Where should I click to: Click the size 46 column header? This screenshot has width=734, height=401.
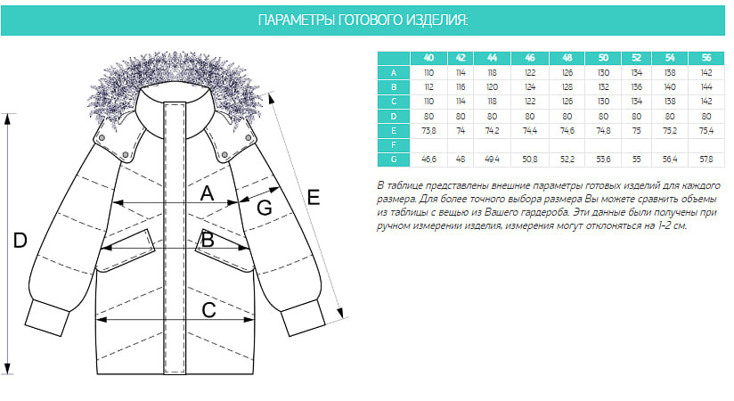click(530, 58)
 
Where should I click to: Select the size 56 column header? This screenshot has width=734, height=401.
click(705, 58)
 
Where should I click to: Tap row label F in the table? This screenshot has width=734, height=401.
click(393, 143)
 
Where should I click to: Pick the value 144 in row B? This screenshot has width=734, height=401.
click(705, 86)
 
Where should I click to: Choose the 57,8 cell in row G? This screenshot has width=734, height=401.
click(705, 159)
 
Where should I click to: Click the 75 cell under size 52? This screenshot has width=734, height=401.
click(636, 129)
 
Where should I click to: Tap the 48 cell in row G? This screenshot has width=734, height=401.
click(461, 159)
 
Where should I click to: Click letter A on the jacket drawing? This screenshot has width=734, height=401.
click(208, 193)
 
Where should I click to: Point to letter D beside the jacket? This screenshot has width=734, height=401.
click(20, 241)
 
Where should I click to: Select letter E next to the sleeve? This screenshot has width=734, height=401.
click(314, 198)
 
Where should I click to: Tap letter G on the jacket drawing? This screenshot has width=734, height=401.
click(264, 208)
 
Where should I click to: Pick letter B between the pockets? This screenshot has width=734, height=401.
click(208, 239)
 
